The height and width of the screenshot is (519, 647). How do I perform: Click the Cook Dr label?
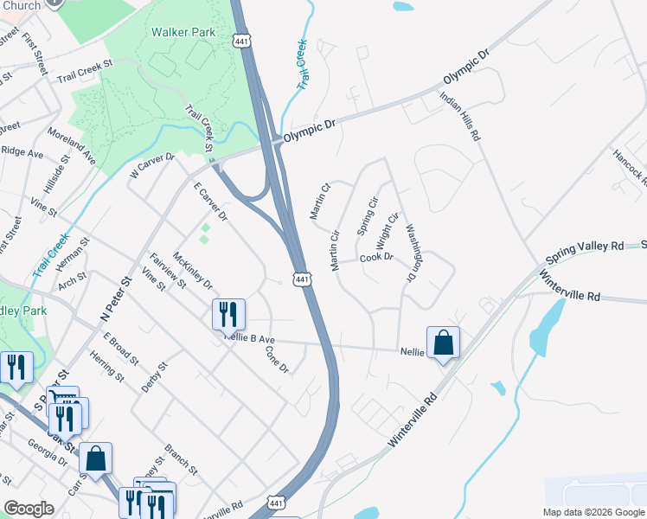pos(376,257)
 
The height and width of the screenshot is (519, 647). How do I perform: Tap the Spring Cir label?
pos(368,216)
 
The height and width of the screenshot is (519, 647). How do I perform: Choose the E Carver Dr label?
pos(209,201)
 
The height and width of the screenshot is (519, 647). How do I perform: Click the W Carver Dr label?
pos(152,167)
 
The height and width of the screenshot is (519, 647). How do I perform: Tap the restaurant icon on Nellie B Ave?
pos(228,314)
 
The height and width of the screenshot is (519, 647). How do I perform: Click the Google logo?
pos(29,509)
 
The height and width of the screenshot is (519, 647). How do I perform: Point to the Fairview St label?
pos(168,270)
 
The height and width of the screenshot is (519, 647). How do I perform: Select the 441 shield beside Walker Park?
pos(242,40)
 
